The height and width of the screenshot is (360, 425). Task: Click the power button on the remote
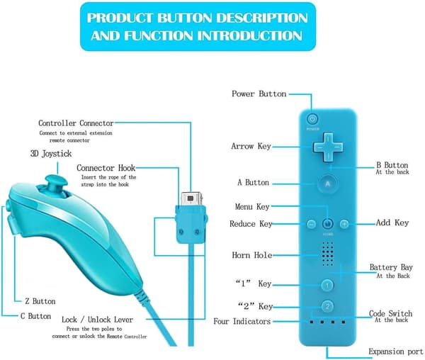point(312,119)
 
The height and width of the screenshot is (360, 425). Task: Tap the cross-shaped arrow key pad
point(328,147)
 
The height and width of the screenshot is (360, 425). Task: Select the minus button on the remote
point(311,224)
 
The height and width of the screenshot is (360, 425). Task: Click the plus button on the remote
point(344,224)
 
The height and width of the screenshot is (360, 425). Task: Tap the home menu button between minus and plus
point(327,224)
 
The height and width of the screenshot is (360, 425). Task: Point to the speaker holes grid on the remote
point(327,254)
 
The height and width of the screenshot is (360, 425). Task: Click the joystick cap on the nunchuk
point(57,181)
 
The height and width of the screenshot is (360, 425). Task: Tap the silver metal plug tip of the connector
point(191,199)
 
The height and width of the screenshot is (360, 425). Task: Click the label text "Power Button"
point(259,94)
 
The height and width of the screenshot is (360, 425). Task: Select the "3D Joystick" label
point(51,154)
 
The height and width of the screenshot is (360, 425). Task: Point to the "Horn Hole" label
point(251,255)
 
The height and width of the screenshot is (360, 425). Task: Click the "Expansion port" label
point(396,351)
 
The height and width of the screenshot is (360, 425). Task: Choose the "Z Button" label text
point(40,301)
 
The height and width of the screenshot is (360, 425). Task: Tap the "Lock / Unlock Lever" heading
point(97,320)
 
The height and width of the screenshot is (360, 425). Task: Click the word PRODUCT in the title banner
point(120,18)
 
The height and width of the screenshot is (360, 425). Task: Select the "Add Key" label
point(392,223)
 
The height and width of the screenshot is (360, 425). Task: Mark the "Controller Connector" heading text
point(76,123)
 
